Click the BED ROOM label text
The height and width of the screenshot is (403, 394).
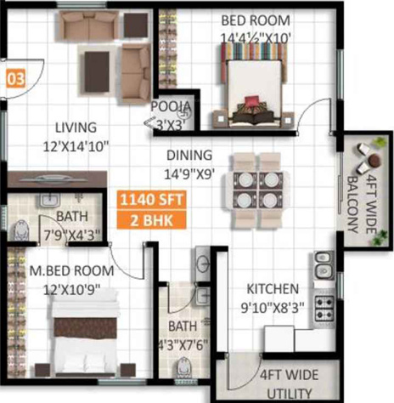point(256,20)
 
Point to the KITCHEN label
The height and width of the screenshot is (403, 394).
point(273,289)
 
